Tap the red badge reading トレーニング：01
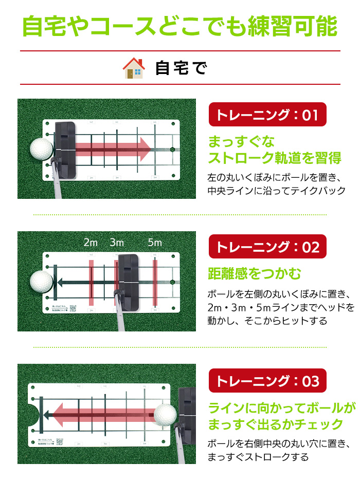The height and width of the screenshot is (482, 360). pos(267,115)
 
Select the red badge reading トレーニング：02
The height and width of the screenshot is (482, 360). pos(267,247)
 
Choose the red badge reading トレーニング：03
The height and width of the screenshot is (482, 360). pos(267,381)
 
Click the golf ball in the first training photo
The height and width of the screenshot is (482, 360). pos(41,150)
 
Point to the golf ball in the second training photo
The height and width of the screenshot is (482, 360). pos(42,282)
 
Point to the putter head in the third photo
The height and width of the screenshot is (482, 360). pos(187,411)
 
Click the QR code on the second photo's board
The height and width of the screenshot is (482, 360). pos(73,308)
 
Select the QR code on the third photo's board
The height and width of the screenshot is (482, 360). pos(59,440)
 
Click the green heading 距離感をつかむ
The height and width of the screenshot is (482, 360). pos(254,273)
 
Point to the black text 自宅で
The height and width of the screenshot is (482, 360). pos(181,68)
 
